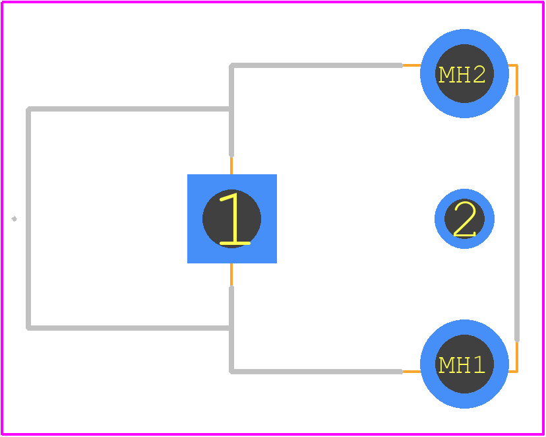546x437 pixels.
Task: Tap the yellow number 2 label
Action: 465,219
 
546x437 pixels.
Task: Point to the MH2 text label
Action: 462,74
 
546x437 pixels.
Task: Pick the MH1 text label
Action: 462,364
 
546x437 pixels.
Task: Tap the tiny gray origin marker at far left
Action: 14,219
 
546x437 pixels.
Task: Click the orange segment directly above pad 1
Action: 231,166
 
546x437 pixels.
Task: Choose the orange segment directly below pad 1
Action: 231,275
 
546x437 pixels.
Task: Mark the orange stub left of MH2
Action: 411,65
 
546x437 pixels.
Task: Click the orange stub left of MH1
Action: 411,372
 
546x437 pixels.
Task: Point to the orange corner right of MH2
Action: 517,66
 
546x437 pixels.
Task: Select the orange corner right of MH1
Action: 517,371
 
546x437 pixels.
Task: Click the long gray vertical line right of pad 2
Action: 517,218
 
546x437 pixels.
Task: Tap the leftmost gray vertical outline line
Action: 28,218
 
